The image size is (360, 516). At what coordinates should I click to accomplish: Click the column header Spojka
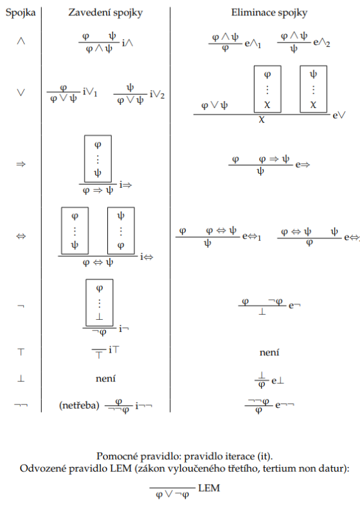[x=21, y=13]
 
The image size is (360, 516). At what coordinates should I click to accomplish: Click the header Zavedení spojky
[x=105, y=13]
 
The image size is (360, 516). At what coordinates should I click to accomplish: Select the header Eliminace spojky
[x=269, y=13]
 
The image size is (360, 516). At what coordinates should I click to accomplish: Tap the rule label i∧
[x=127, y=43]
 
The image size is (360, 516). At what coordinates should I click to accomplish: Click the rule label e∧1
[x=253, y=44]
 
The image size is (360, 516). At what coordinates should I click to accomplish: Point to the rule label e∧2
[x=321, y=42]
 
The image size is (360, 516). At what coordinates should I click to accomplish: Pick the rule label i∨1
[x=90, y=92]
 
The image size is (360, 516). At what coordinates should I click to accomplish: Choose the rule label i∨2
[x=157, y=95]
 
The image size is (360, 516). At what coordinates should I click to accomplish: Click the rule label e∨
[x=339, y=116]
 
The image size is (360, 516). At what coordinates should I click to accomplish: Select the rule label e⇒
[x=303, y=165]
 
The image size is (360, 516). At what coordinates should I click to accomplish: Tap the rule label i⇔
[x=147, y=257]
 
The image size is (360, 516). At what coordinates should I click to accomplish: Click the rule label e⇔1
[x=252, y=237]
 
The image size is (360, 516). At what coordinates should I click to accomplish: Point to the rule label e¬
[x=294, y=306]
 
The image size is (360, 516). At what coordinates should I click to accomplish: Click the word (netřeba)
[x=79, y=405]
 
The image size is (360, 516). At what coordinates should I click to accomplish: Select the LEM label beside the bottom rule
[x=209, y=488]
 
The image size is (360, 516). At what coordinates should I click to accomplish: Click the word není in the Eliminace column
[x=269, y=353]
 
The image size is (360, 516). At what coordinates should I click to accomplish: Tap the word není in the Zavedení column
[x=105, y=378]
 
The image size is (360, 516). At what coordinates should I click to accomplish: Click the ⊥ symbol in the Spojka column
[x=21, y=378]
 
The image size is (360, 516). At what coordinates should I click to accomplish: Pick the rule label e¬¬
[x=285, y=405]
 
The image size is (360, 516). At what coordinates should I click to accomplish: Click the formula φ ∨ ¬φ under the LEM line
[x=172, y=495]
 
